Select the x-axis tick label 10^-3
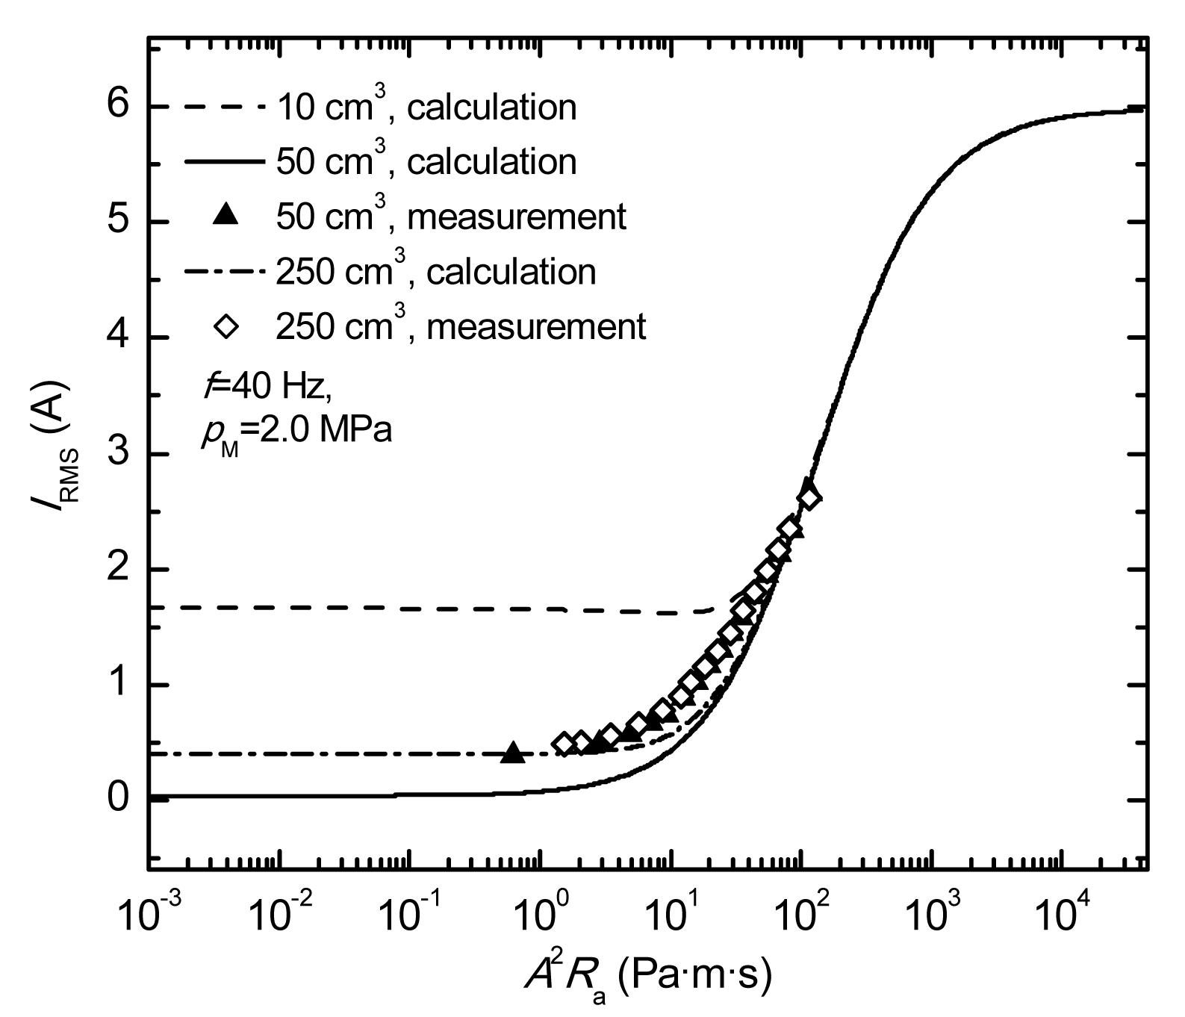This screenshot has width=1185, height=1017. pos(149,912)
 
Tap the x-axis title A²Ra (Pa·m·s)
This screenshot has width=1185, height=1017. pos(647,978)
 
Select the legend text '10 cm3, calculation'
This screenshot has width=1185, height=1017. pos(426,107)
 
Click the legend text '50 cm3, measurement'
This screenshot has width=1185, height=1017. pos(451,217)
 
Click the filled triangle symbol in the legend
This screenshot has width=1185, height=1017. pos(226,217)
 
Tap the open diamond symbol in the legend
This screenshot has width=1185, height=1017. pos(226,326)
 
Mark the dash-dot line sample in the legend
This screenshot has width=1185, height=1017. pos(224,272)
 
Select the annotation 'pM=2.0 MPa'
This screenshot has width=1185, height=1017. pos(296,432)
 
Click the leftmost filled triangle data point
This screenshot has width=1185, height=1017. pos(513,753)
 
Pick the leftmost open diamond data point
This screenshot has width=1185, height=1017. pos(564,743)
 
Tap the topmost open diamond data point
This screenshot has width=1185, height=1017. pos(808,497)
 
